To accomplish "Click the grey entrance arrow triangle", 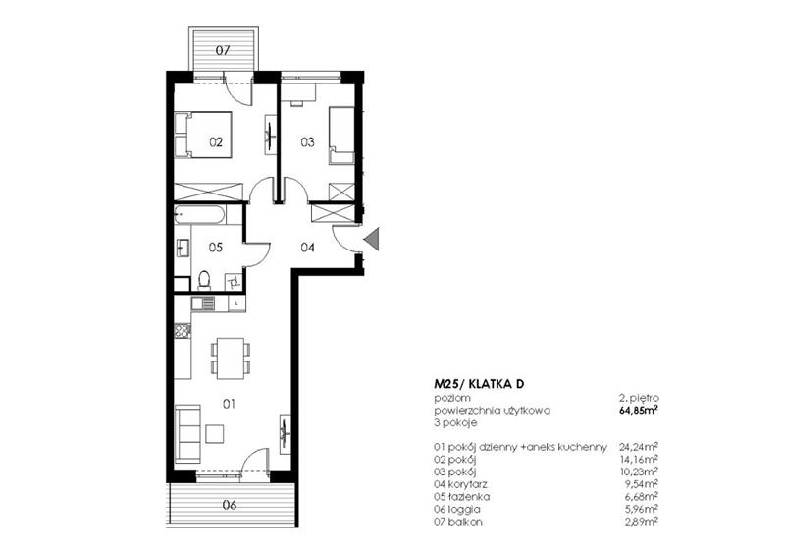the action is [374, 239].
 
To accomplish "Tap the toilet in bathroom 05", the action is [204, 280].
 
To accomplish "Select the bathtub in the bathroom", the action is [199, 215].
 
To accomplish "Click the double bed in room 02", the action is [203, 135].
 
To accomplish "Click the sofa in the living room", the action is [187, 433].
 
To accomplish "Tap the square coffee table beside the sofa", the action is [215, 434].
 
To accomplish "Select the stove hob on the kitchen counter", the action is [183, 330].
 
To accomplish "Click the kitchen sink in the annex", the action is [203, 304].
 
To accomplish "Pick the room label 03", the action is [307, 142].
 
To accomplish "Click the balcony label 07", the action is [223, 50].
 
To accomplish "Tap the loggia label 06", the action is [230, 505].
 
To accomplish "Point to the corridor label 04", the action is [307, 248].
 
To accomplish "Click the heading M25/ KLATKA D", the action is [479, 384].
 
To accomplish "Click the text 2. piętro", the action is [639, 398].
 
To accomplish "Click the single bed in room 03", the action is [341, 136].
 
